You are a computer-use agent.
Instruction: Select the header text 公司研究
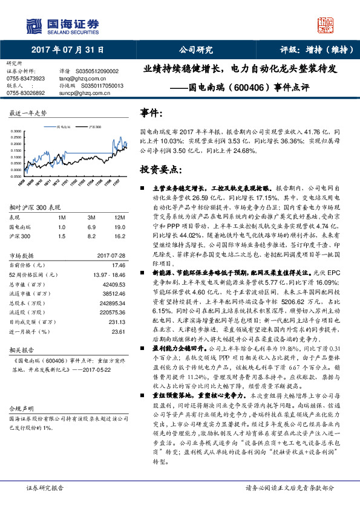point(197,50)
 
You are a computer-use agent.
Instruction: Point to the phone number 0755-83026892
point(25,92)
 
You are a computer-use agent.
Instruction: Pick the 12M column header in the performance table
point(119,216)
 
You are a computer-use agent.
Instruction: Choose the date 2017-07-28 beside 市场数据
point(110,256)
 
